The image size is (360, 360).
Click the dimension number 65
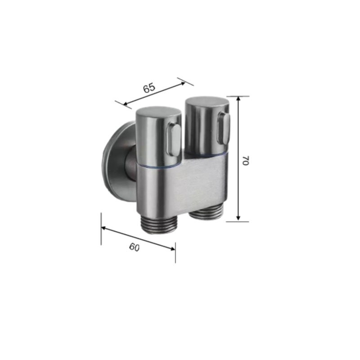click(149, 88)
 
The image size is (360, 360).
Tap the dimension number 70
click(246, 160)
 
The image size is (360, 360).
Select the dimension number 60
click(135, 247)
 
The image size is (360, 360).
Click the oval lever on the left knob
click(174, 139)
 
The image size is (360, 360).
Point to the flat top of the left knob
click(158, 111)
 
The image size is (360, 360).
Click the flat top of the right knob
click(207, 102)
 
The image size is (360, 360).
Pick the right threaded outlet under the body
click(206, 213)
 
